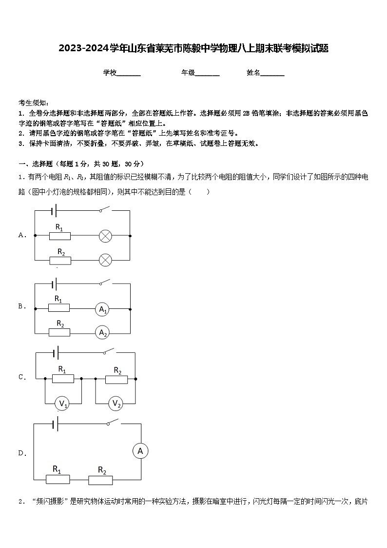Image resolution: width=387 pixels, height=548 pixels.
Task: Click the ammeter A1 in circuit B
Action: (102, 309)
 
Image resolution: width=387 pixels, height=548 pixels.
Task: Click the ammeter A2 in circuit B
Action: (102, 332)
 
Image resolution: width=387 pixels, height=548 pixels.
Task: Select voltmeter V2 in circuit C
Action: (116, 403)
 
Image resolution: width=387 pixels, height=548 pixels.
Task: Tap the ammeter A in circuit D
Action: (140, 451)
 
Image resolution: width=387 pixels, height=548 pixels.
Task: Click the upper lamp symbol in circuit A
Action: (105, 236)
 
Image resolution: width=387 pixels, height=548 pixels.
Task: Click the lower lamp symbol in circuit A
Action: (105, 260)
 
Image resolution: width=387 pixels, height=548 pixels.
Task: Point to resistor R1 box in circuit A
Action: (60, 236)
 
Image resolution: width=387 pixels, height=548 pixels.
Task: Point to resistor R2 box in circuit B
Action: (59, 332)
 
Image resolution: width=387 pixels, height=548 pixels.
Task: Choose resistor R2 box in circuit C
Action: (116, 379)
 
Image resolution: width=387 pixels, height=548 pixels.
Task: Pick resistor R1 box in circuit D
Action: (58, 479)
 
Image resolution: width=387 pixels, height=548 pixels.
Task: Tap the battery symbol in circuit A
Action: (54, 211)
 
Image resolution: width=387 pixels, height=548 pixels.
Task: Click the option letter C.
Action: (21, 377)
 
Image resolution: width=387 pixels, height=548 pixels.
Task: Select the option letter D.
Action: (21, 453)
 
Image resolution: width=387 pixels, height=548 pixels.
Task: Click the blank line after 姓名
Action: (272, 73)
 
